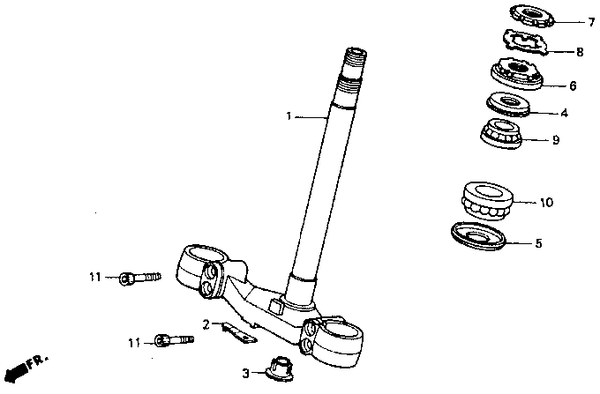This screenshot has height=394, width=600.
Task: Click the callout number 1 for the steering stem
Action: pos(288,115)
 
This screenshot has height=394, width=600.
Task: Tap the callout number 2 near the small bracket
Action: pos(205,324)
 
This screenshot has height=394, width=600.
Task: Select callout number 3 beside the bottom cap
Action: pos(247,373)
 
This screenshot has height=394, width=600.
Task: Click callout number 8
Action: pos(580,52)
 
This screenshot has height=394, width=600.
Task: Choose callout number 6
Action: pos(573,86)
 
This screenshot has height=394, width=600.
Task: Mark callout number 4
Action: pos(565,113)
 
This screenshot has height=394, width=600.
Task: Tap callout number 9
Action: pos(555,139)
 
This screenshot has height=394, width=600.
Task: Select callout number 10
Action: pos(546,203)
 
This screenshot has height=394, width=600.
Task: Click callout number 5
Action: pos(538,242)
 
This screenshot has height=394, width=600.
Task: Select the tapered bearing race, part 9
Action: pos(501,134)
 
